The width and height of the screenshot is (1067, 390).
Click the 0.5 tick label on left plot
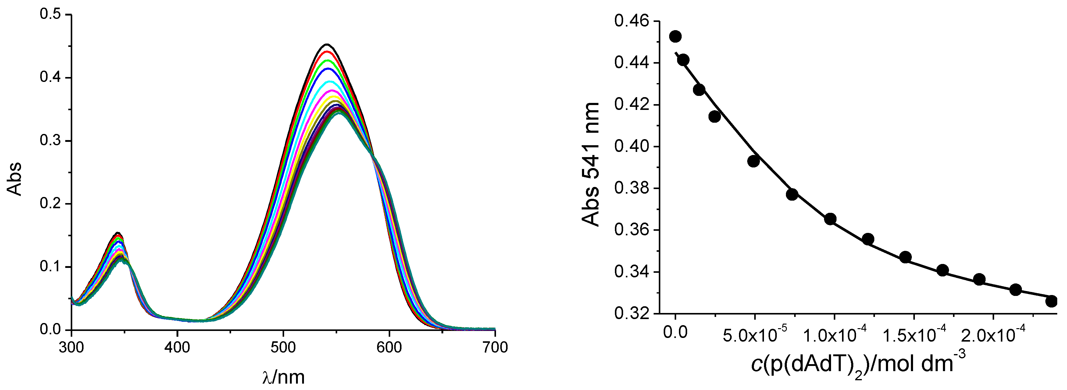click(50, 15)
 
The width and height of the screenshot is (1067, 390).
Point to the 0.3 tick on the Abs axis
click(50, 141)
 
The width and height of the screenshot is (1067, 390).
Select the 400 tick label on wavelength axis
click(177, 347)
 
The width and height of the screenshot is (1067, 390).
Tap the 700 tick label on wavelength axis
click(495, 347)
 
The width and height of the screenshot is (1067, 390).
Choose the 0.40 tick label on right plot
click(631, 146)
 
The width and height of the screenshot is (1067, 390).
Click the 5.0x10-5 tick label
click(755, 335)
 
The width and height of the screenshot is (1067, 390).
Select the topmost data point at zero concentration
click(676, 37)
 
